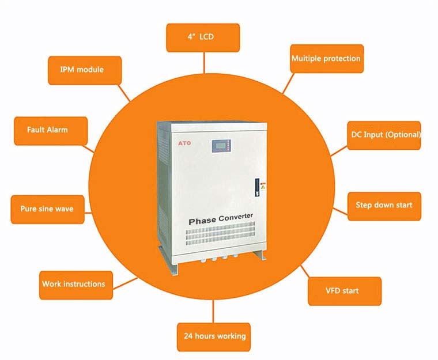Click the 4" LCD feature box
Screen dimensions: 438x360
click(x=203, y=37)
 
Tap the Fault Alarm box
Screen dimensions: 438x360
click(x=51, y=131)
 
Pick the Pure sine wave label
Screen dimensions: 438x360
click(x=47, y=210)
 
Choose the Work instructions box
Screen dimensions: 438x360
click(x=76, y=285)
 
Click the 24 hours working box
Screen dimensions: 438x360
click(x=214, y=337)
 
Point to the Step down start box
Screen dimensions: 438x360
click(x=384, y=206)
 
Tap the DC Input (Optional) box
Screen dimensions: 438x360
click(x=384, y=135)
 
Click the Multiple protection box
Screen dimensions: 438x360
click(x=327, y=59)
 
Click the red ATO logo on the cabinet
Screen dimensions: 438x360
click(x=184, y=143)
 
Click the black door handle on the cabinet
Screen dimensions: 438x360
click(x=257, y=187)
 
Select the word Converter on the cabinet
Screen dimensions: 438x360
click(x=236, y=217)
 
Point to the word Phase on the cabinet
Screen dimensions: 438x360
click(x=202, y=221)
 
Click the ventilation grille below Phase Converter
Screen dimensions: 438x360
click(x=220, y=233)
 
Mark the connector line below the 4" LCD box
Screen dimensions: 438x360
click(x=204, y=63)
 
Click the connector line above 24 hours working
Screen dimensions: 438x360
click(x=213, y=311)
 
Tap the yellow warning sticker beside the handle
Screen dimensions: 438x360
click(x=263, y=187)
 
